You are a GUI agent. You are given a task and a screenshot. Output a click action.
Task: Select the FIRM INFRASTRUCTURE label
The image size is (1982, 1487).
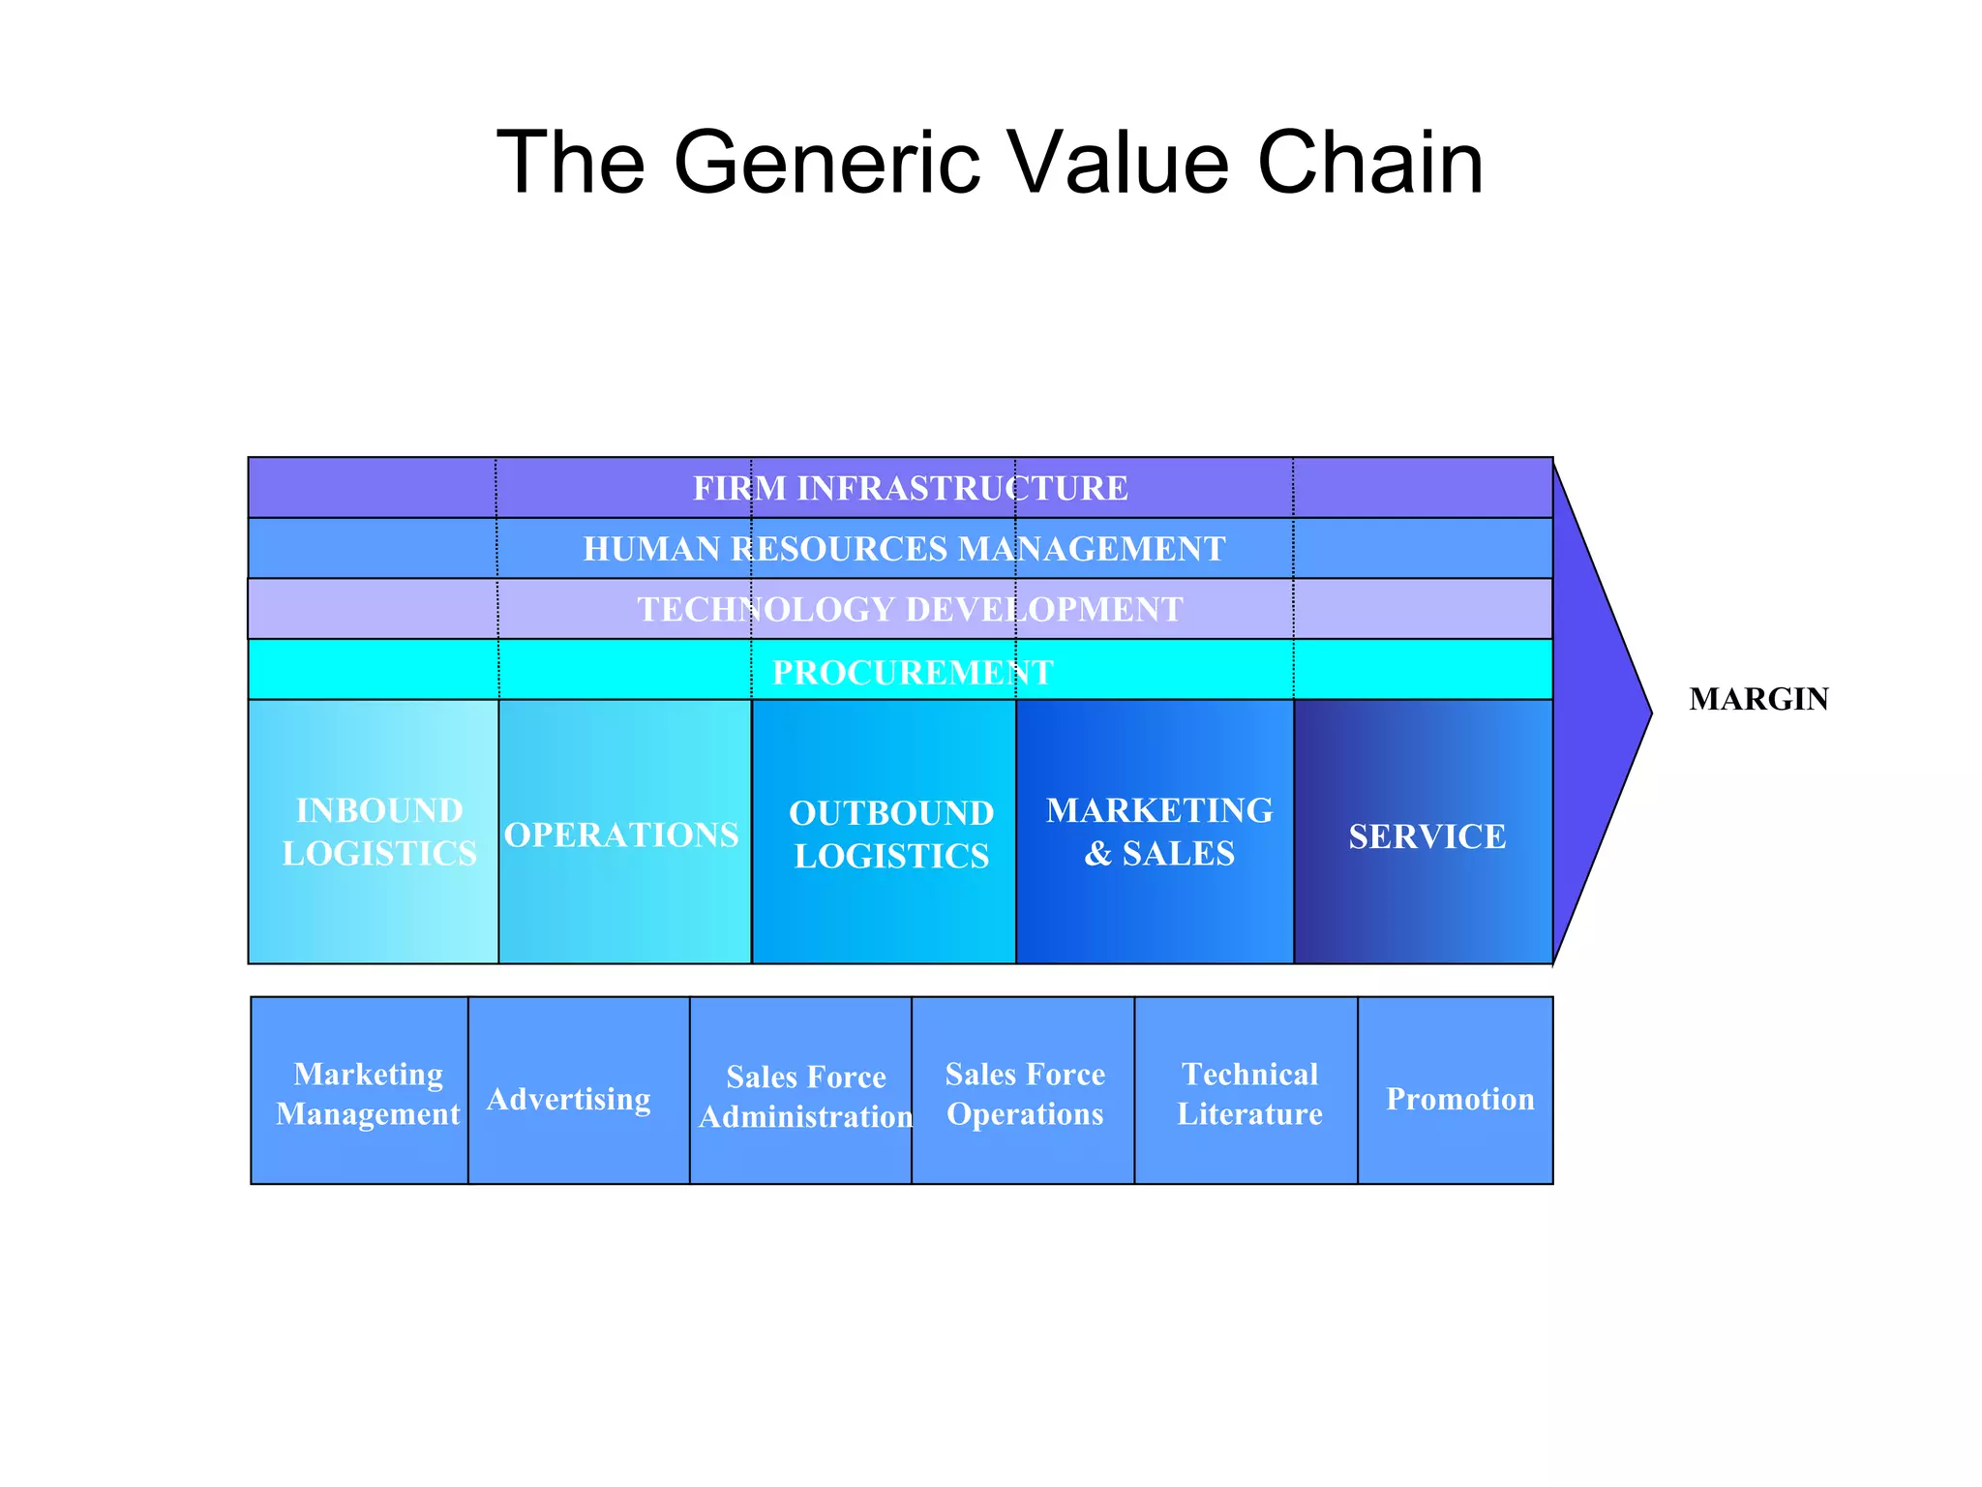coord(910,488)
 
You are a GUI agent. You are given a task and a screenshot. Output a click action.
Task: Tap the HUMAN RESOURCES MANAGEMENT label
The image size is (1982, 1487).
coord(904,549)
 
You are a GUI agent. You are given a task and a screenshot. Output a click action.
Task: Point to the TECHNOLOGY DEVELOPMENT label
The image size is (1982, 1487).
coord(910,609)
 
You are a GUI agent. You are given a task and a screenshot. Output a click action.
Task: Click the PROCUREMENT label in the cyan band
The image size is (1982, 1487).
coord(912,672)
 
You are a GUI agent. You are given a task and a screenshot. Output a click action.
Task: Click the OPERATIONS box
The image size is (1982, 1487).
coord(622,834)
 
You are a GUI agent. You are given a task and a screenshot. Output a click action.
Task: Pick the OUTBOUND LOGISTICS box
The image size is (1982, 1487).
coord(889,834)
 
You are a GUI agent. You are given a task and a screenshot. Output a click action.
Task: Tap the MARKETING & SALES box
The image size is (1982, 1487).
coord(1157,832)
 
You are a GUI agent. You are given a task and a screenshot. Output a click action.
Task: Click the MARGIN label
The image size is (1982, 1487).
coord(1757,699)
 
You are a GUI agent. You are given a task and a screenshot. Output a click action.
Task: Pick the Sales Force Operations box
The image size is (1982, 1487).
coord(1024,1093)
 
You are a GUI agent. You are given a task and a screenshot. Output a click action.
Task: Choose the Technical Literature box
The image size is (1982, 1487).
coord(1248,1093)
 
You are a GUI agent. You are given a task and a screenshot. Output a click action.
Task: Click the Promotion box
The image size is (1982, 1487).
coord(1458,1099)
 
